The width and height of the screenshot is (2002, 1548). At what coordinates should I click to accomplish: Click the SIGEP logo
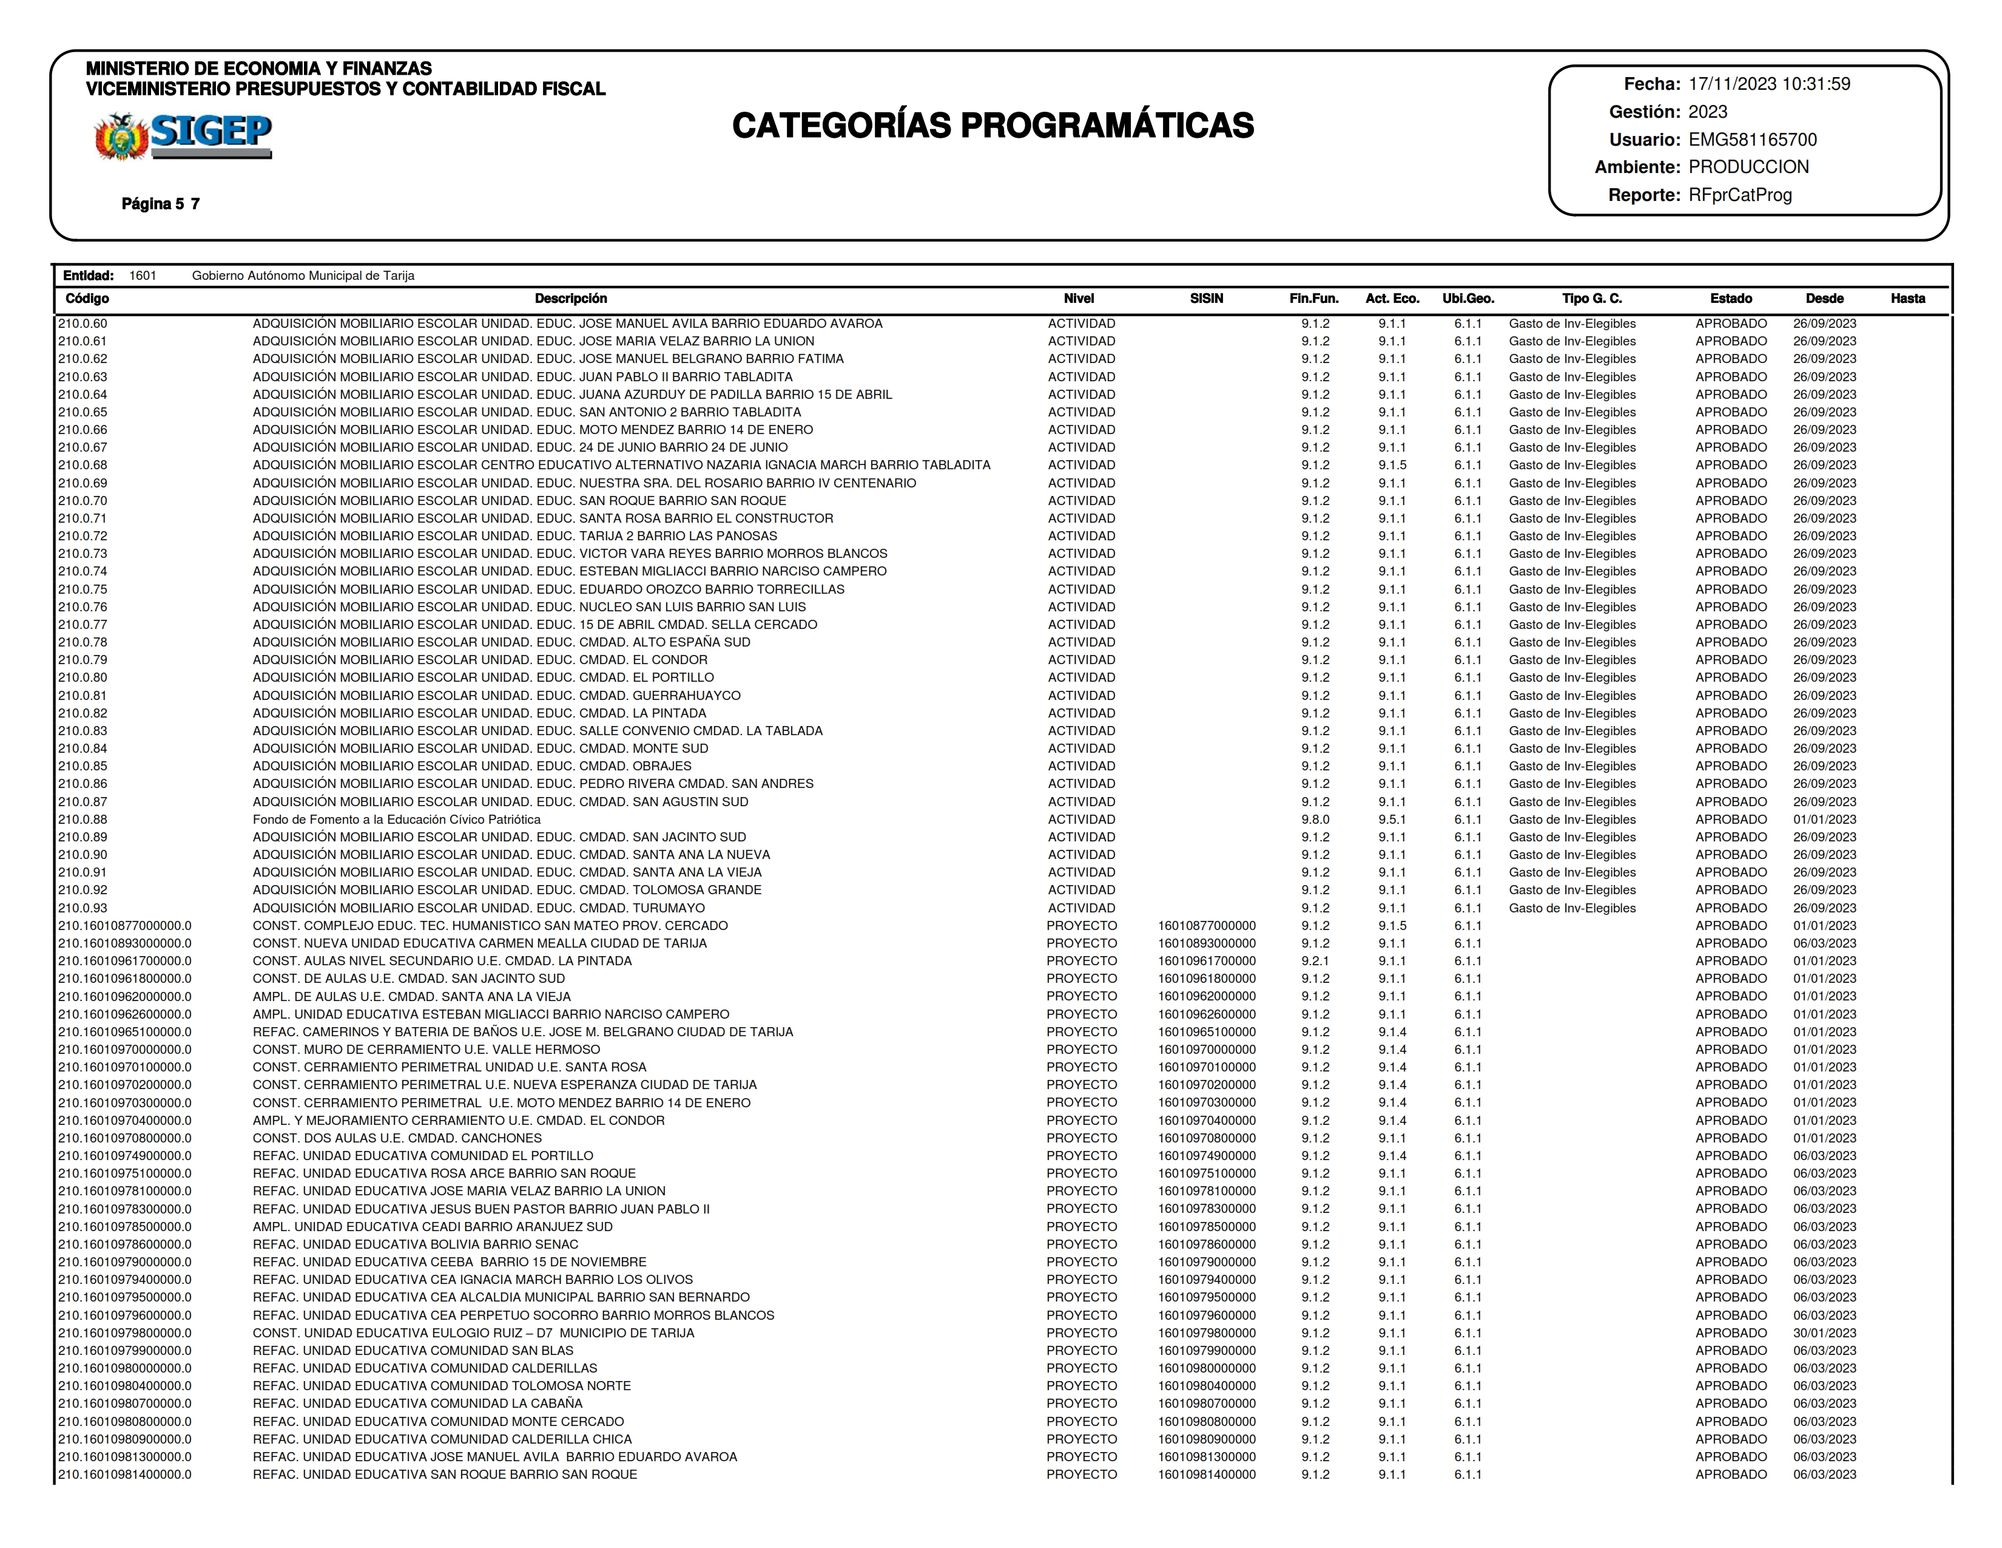pos(183,136)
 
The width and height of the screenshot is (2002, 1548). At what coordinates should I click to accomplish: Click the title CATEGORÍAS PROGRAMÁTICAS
pos(993,126)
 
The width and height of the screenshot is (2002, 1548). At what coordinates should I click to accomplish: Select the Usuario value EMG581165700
pos(1752,140)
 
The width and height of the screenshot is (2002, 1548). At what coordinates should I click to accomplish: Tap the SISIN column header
pos(1206,298)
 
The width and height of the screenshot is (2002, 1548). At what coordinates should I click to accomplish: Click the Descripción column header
pos(570,298)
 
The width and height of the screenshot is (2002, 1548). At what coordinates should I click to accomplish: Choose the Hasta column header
pos(1907,298)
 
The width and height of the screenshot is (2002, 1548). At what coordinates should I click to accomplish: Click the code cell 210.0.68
pos(83,465)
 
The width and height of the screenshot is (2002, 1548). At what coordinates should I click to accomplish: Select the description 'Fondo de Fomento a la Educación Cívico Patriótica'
pos(396,819)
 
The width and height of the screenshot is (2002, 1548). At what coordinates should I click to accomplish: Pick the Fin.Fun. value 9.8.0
pos(1315,819)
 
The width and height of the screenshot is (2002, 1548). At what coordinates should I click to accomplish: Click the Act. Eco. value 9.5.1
pos(1392,819)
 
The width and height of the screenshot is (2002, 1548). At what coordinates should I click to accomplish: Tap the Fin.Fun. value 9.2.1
pos(1315,961)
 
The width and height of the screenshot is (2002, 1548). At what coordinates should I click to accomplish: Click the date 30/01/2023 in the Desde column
pos(1824,1332)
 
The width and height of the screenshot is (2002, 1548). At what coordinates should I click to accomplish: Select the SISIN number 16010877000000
pos(1206,925)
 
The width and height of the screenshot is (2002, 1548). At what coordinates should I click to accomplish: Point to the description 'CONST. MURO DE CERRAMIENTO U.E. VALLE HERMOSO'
pos(426,1049)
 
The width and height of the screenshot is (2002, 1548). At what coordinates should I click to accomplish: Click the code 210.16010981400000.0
pos(124,1475)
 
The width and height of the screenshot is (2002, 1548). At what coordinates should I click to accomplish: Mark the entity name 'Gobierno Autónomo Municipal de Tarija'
pos(303,275)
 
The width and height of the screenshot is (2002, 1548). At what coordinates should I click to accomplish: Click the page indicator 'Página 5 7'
pos(160,203)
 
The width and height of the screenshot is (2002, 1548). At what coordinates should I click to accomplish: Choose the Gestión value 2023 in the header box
pos(1707,112)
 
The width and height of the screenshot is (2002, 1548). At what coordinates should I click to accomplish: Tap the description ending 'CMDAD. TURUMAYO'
pos(479,908)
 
